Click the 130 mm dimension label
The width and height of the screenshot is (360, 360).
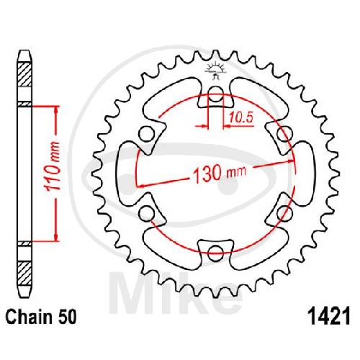click(x=220, y=173)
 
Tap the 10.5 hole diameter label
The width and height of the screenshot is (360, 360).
click(x=240, y=117)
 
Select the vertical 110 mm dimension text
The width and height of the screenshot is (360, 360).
click(x=53, y=166)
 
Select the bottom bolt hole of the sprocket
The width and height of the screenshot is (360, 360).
click(x=215, y=252)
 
